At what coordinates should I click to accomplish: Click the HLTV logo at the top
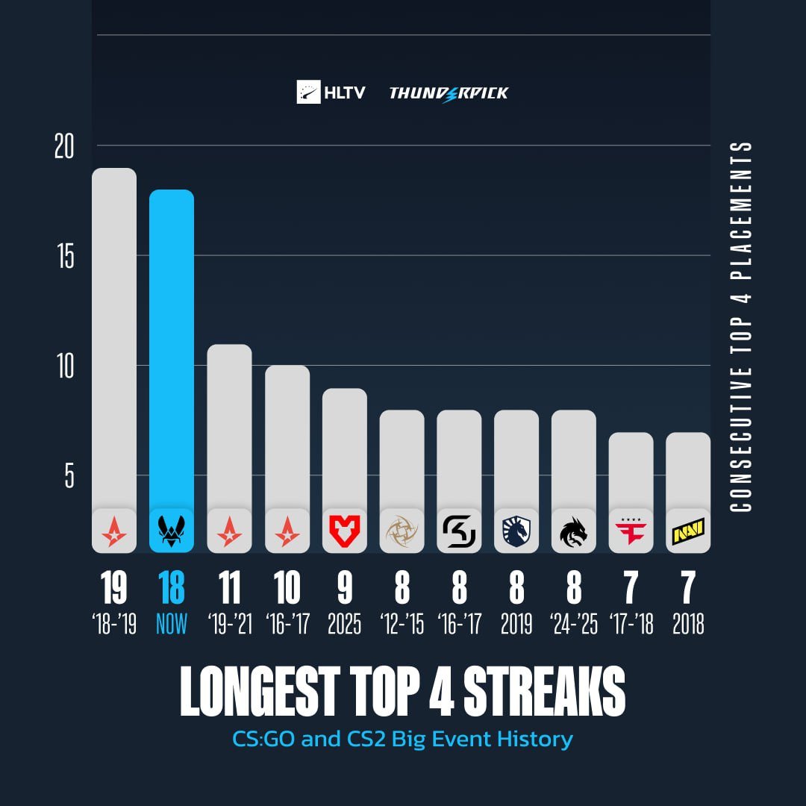[x=331, y=92]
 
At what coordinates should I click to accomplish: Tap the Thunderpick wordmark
[x=449, y=93]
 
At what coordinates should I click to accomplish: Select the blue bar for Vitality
[x=172, y=351]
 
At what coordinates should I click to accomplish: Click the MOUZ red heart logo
[x=344, y=531]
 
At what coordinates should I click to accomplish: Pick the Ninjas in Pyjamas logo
[x=402, y=531]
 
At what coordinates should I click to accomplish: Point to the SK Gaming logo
[x=459, y=531]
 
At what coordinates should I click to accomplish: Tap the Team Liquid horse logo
[x=516, y=531]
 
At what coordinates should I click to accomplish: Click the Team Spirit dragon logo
[x=573, y=531]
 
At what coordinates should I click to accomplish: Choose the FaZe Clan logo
[x=631, y=531]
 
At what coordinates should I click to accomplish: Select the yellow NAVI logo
[x=688, y=531]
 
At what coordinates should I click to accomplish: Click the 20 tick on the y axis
[x=64, y=147]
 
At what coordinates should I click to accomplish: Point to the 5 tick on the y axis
[x=69, y=475]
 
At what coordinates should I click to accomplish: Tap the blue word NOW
[x=172, y=624]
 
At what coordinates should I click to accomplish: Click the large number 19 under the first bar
[x=113, y=588]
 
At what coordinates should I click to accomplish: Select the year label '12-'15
[x=402, y=624]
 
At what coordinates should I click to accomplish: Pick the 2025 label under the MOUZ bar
[x=344, y=624]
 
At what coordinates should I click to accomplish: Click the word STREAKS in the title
[x=544, y=693]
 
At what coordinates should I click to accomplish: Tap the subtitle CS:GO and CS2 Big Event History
[x=403, y=740]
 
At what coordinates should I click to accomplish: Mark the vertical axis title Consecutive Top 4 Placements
[x=740, y=326]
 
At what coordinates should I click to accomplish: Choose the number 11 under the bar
[x=229, y=588]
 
